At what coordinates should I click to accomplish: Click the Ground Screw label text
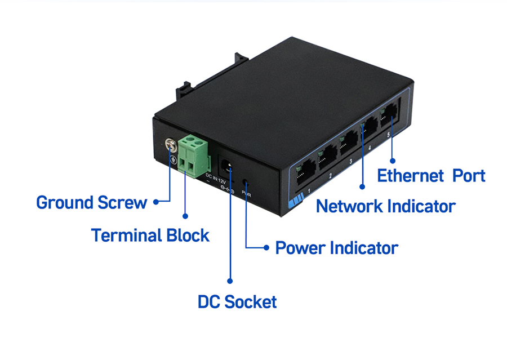coord(91,202)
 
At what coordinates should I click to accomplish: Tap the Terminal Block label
coord(150,235)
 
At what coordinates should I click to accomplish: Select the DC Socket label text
coord(237,302)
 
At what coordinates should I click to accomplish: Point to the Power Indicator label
coord(336,248)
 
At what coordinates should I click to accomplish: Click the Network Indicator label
coord(385,206)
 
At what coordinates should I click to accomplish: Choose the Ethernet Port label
coord(431,175)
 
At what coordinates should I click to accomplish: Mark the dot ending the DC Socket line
coord(229,279)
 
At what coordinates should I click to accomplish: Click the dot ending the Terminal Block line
coord(185,215)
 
